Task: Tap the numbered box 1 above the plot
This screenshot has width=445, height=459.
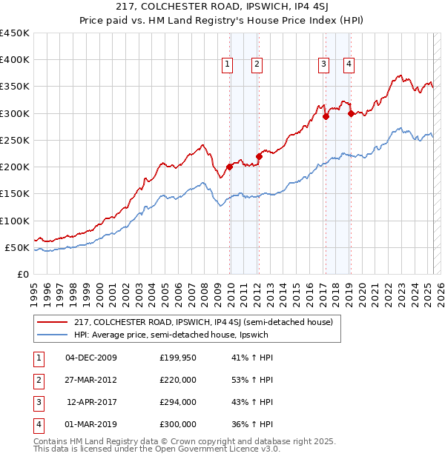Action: [227, 64]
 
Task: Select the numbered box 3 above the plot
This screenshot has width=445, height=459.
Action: [324, 64]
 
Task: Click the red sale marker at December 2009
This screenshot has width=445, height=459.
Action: [230, 167]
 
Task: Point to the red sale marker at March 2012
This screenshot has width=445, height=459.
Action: [260, 156]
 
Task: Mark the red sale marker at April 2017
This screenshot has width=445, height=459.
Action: [326, 116]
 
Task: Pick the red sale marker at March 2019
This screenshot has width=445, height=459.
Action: [350, 113]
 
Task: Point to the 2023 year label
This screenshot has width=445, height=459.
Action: [400, 289]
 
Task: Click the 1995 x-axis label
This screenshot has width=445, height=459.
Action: [34, 289]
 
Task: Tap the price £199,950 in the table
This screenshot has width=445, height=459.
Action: [178, 358]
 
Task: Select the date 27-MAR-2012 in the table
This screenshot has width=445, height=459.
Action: [91, 380]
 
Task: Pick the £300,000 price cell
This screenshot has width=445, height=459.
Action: [178, 424]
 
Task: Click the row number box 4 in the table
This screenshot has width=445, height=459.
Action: [37, 424]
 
